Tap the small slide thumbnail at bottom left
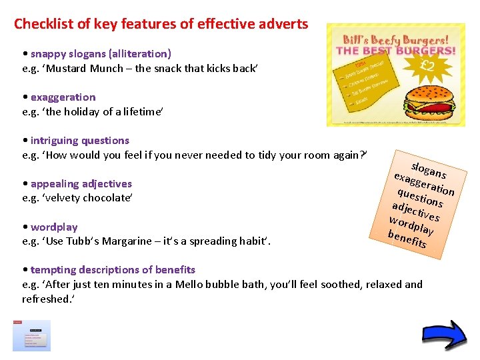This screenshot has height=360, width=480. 31,335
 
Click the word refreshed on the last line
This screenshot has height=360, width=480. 47,299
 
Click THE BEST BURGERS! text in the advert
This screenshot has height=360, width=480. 396,51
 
